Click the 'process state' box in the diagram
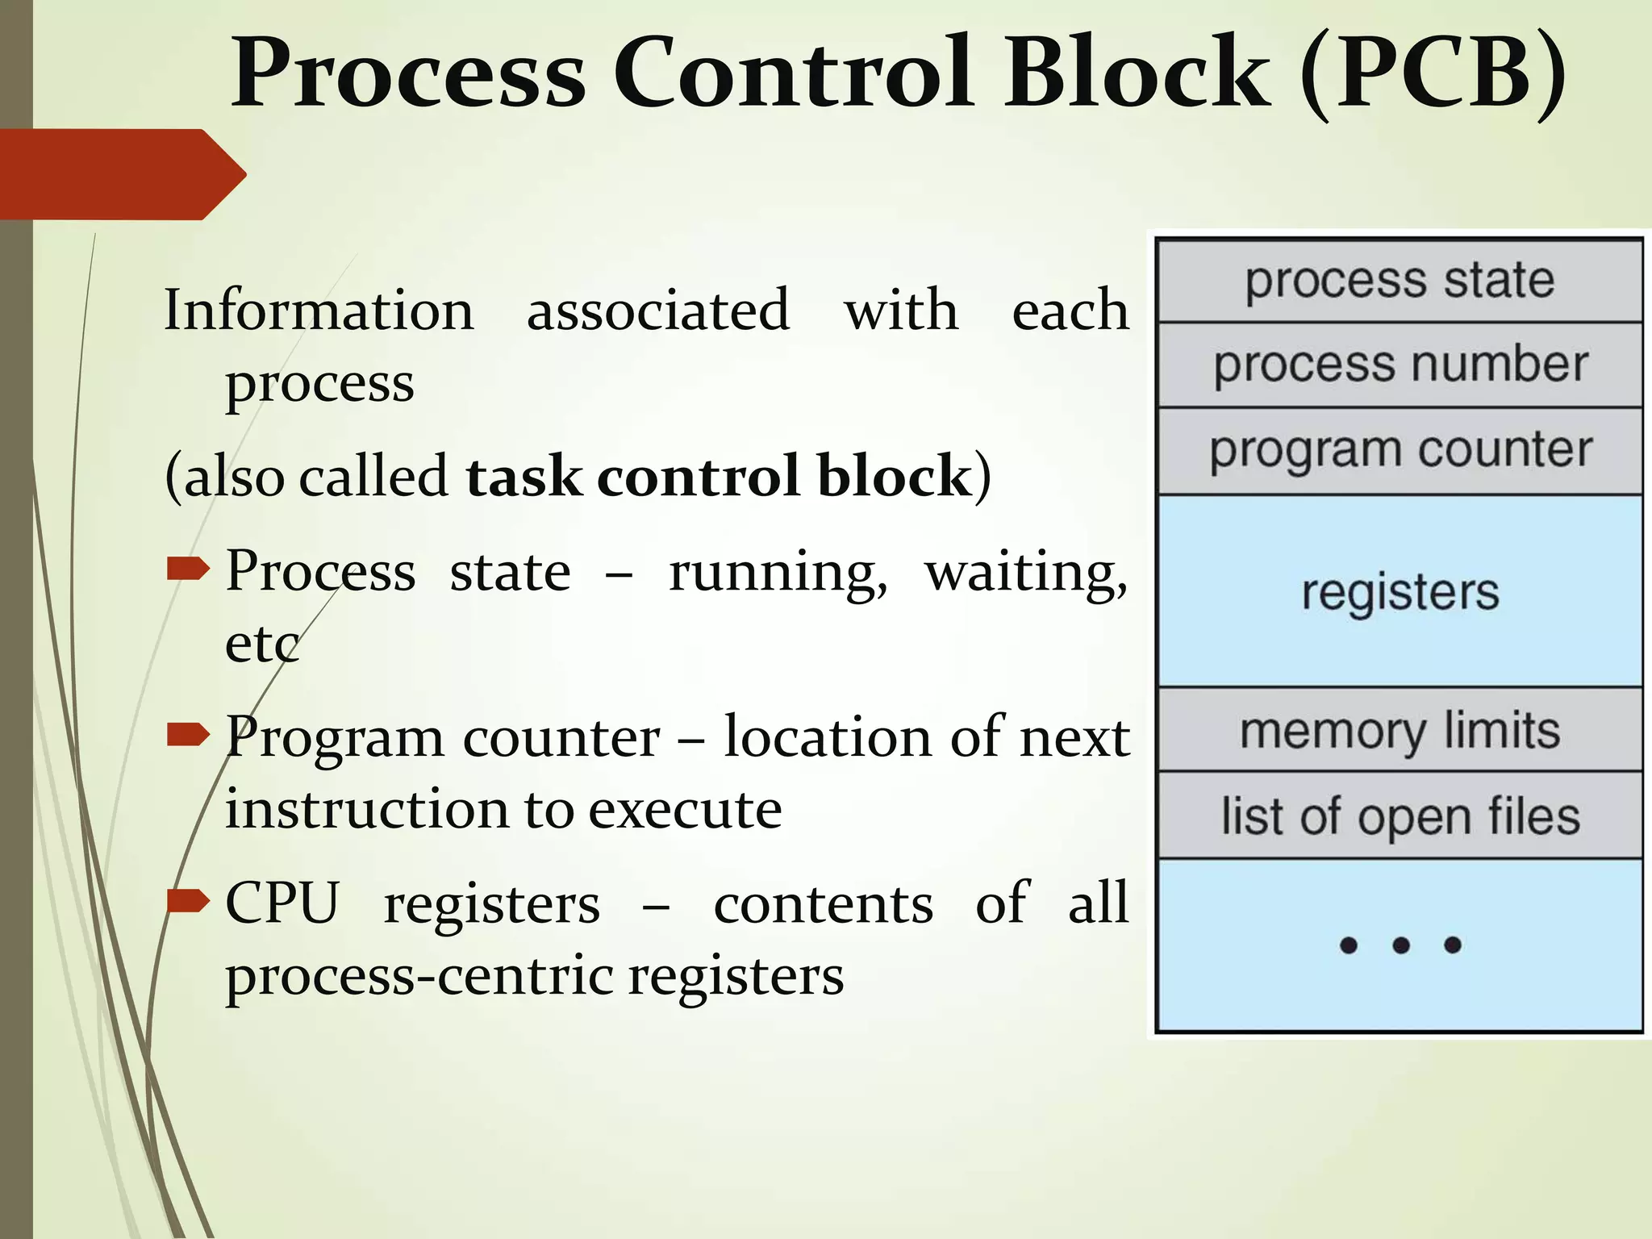(x=1400, y=281)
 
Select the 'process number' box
(x=1400, y=365)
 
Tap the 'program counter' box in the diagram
(x=1400, y=450)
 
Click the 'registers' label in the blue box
(x=1400, y=592)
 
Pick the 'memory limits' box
(x=1400, y=730)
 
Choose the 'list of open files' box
(x=1400, y=816)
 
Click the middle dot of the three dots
(x=1400, y=945)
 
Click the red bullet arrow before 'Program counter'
(x=187, y=734)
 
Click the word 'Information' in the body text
(x=319, y=311)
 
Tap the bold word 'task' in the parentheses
(x=523, y=476)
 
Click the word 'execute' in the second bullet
(x=685, y=809)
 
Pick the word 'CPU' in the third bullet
(x=282, y=903)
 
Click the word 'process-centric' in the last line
(x=419, y=976)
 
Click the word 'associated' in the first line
(x=657, y=311)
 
